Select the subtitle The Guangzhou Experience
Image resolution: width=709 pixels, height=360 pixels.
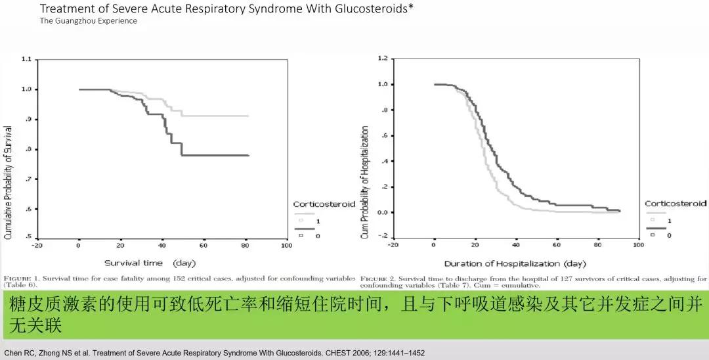(x=89, y=20)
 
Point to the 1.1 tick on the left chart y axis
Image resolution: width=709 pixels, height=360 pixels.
(x=26, y=59)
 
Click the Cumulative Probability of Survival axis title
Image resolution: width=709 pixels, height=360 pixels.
(x=9, y=173)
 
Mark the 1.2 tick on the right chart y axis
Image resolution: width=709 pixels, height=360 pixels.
(x=382, y=59)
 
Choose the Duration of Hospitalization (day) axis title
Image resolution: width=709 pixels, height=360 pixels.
(x=515, y=263)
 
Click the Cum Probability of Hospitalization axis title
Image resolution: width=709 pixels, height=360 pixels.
(x=365, y=183)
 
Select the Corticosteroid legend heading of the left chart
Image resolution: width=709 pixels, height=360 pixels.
(x=324, y=204)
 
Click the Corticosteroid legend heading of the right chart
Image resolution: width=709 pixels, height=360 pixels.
(x=676, y=204)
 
